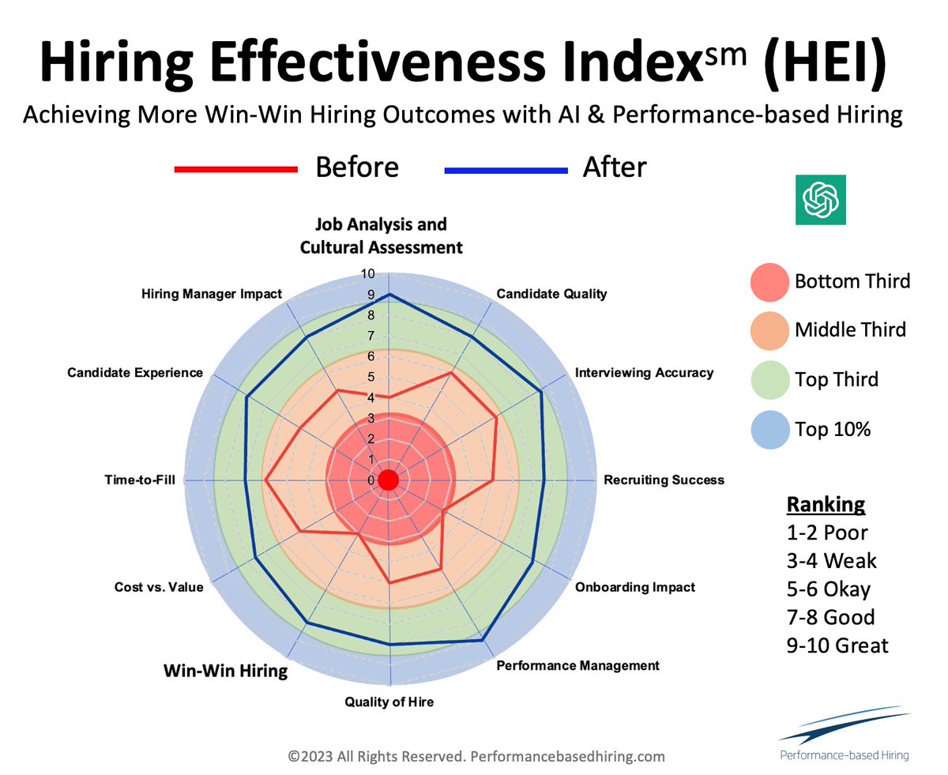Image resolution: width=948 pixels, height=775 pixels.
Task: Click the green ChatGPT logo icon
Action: click(x=820, y=199)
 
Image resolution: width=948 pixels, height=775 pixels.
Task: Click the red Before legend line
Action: click(x=235, y=169)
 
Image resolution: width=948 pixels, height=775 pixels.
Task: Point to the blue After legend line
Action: click(x=506, y=169)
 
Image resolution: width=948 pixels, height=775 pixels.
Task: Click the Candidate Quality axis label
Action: click(x=551, y=294)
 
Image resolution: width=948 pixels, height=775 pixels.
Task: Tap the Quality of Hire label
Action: click(x=389, y=701)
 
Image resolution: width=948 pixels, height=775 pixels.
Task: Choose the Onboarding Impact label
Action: click(x=635, y=587)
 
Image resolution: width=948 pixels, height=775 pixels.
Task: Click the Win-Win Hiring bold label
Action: click(x=225, y=672)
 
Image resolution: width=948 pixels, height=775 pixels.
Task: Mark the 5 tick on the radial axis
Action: click(x=372, y=377)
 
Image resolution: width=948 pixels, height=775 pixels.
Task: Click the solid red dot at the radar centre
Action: click(x=388, y=480)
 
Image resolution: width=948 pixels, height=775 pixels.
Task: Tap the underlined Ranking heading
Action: click(x=825, y=505)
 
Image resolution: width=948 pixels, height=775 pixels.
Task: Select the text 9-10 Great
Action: click(x=837, y=645)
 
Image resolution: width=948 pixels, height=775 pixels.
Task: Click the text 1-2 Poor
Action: click(x=826, y=532)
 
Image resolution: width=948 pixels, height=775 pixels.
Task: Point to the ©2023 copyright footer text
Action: click(x=476, y=756)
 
